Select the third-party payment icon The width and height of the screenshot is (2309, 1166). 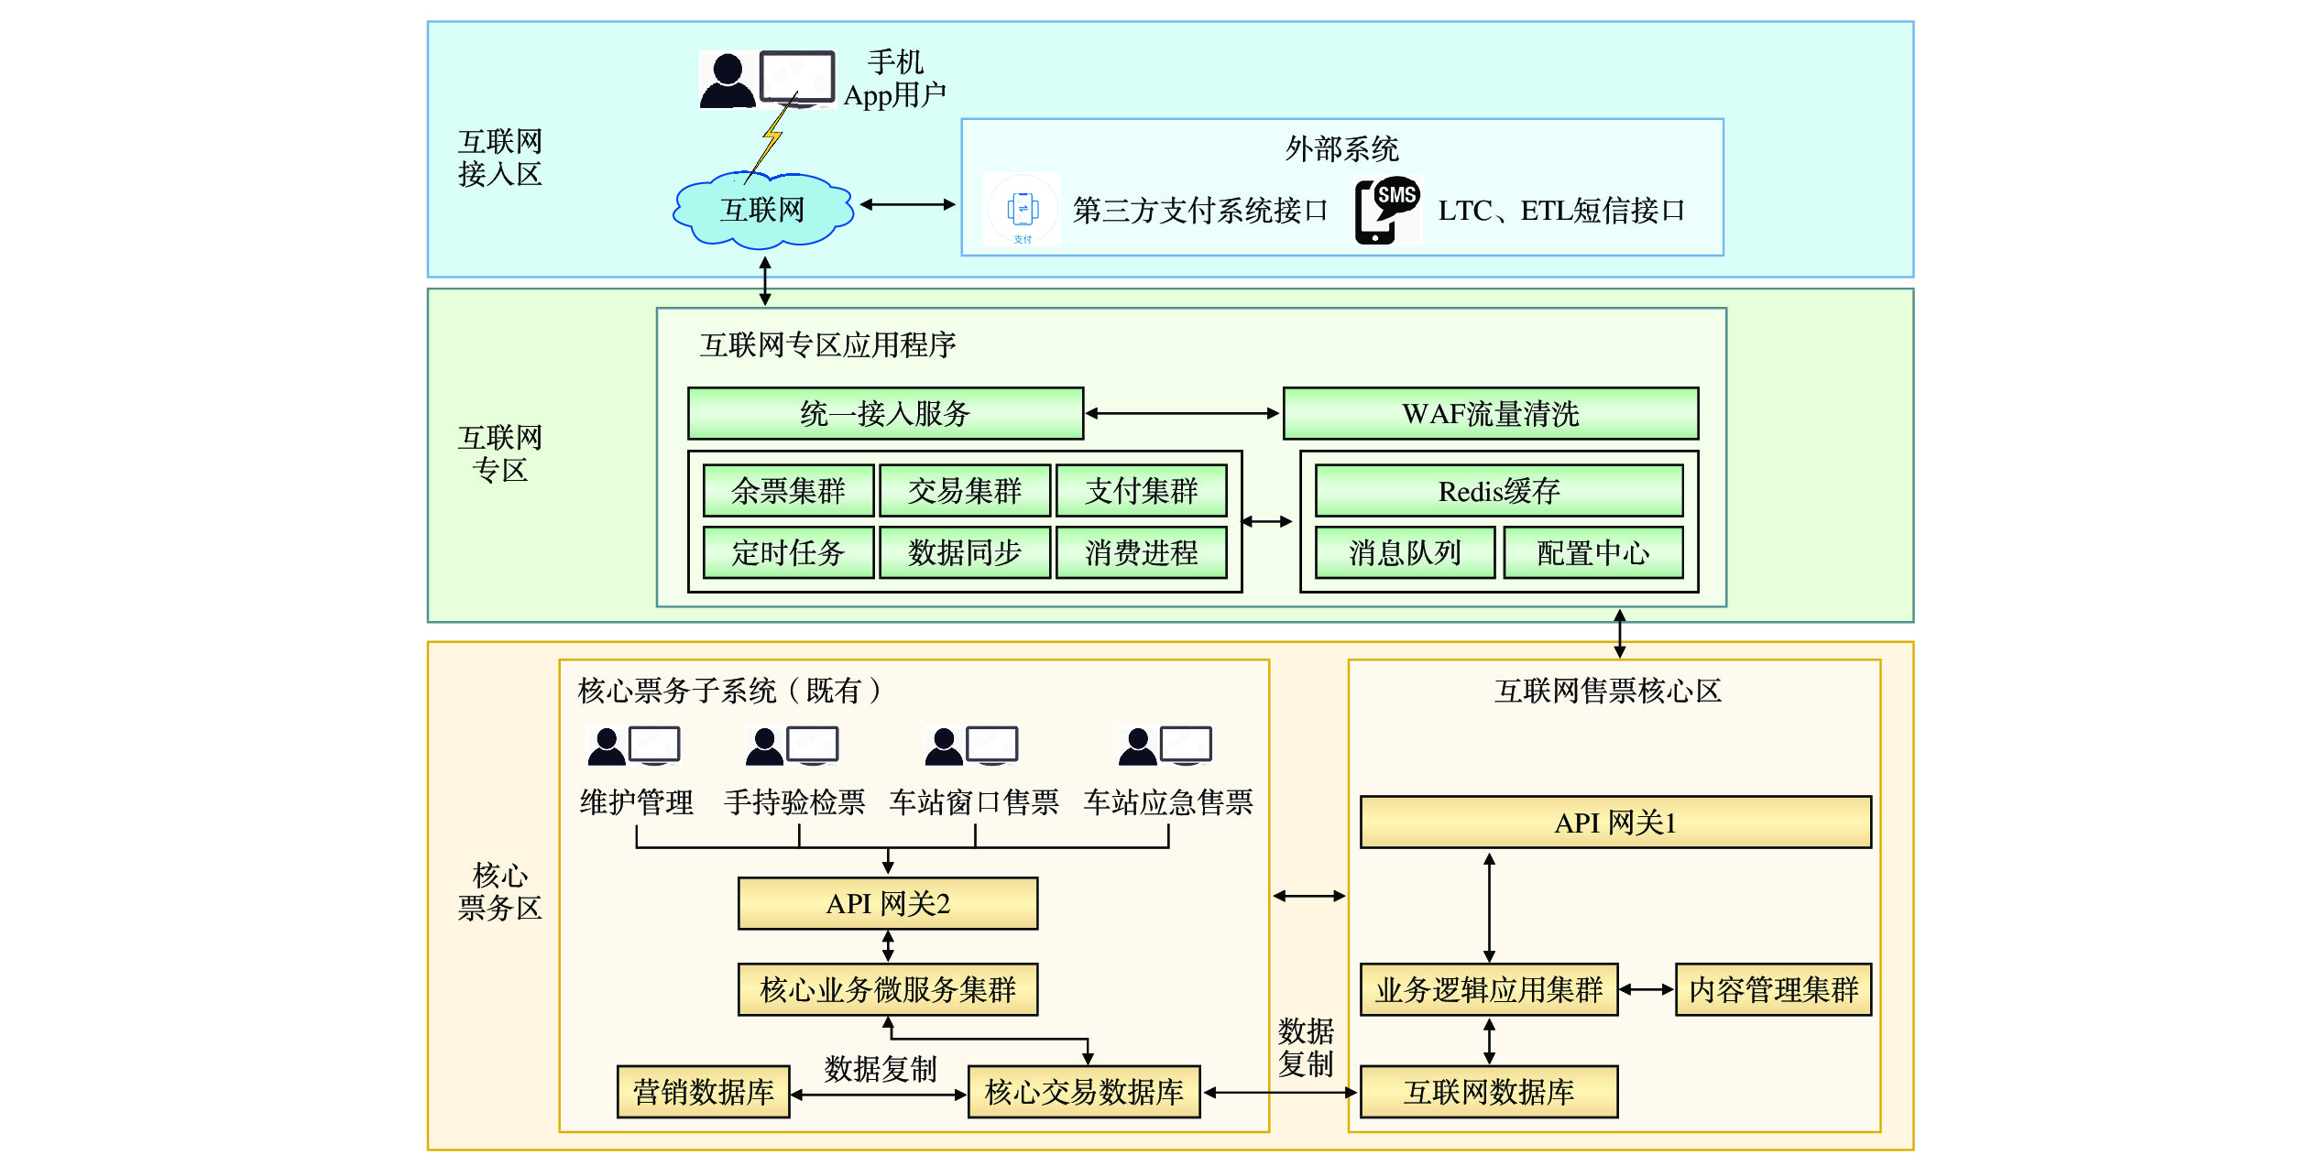point(1023,210)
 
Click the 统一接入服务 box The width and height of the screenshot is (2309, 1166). point(885,414)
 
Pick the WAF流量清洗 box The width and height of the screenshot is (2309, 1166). point(1490,414)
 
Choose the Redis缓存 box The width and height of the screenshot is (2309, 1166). point(1498,492)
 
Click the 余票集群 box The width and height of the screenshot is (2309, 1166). point(788,492)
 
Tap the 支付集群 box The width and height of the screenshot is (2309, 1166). point(1141,492)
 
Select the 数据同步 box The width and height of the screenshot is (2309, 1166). point(964,553)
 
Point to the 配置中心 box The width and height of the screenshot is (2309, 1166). point(1592,553)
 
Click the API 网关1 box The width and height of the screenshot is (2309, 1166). point(1614,823)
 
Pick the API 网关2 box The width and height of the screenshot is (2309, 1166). point(887,904)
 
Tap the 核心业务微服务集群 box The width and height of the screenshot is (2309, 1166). point(887,990)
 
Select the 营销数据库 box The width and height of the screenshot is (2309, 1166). point(703,1092)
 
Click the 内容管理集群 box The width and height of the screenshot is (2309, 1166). point(1773,990)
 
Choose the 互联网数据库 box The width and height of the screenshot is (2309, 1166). point(1488,1092)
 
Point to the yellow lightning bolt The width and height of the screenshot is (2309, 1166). point(772,137)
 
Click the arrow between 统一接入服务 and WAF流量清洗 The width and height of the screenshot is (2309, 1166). point(1182,414)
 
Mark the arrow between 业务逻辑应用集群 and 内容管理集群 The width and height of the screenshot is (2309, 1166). point(1647,989)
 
